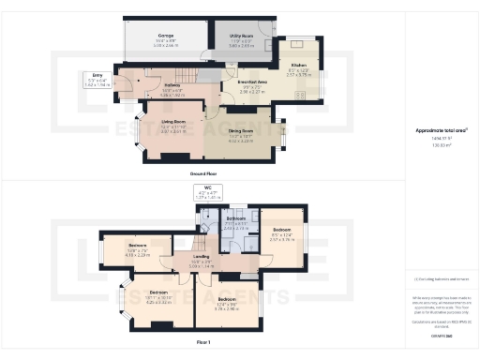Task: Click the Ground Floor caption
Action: [202, 174]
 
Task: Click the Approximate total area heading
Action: [441, 129]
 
